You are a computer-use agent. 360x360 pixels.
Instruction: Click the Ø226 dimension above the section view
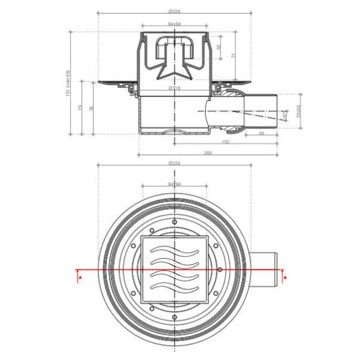coord(175,11)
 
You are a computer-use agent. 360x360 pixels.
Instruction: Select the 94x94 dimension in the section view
coord(175,25)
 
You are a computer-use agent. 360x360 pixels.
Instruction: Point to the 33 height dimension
coord(218,47)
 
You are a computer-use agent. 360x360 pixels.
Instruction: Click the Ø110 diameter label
coord(174,88)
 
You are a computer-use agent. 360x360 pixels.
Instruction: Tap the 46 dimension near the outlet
coord(262,134)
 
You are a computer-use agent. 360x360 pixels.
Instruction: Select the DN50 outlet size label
coord(298,112)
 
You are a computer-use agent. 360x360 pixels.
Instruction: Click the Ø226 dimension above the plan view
coord(175,163)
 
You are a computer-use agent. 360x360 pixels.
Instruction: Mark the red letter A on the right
coord(286,278)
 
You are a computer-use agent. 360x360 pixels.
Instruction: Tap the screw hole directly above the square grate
coord(175,222)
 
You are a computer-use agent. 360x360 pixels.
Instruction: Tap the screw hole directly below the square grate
coord(175,316)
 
